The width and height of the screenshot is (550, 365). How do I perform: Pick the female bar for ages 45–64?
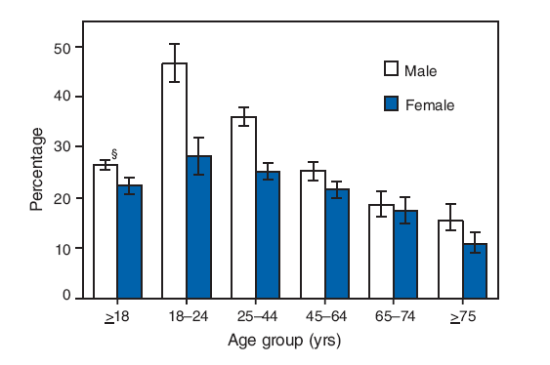click(x=337, y=243)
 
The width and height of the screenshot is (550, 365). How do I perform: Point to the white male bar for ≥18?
click(x=106, y=230)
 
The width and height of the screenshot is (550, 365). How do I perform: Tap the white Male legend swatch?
click(x=391, y=69)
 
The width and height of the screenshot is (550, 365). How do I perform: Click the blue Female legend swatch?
click(x=391, y=102)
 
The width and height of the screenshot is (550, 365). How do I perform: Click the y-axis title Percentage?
click(x=36, y=172)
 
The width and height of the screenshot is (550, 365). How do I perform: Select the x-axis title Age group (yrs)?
click(x=284, y=342)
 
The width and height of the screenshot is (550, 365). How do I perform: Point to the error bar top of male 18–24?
click(x=175, y=44)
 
